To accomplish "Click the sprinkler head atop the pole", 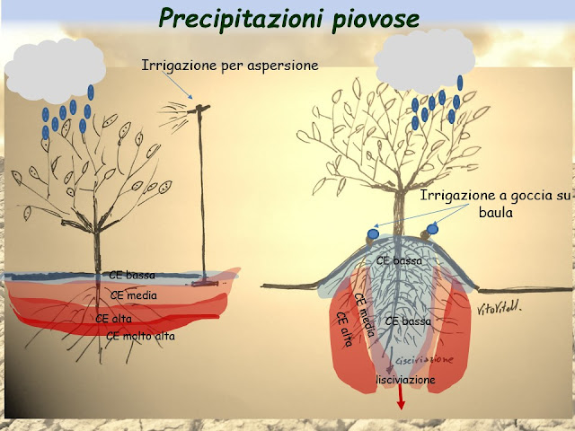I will pyautogui.click(x=202, y=110).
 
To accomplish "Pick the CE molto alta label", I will pyautogui.click(x=140, y=336).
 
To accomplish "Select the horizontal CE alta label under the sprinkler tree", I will pyautogui.click(x=114, y=317).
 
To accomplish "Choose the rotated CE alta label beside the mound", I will pyautogui.click(x=342, y=330).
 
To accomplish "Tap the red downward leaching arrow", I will pyautogui.click(x=401, y=399).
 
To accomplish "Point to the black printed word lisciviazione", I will pyautogui.click(x=406, y=381).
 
